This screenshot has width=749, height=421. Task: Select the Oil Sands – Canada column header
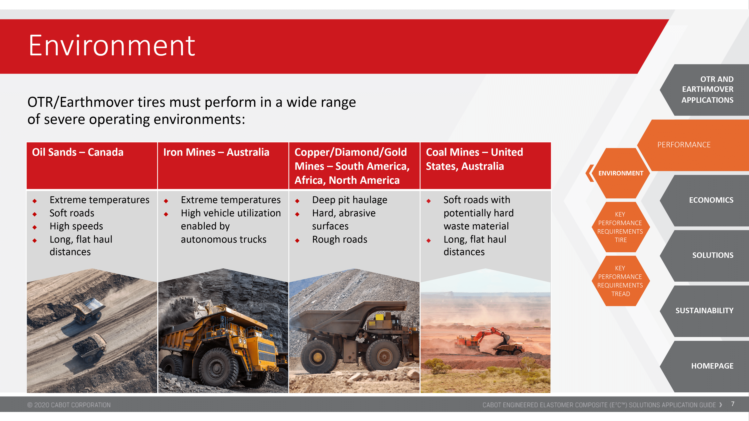click(x=92, y=166)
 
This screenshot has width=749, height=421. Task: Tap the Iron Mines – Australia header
click(x=223, y=166)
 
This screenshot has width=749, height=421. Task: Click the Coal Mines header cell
click(x=485, y=166)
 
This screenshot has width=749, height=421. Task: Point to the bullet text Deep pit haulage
click(x=350, y=200)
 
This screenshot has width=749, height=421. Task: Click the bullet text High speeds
click(x=76, y=226)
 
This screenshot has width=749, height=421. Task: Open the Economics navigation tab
click(x=706, y=200)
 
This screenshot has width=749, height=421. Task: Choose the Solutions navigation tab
click(x=706, y=255)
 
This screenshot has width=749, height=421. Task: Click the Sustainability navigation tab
click(x=706, y=311)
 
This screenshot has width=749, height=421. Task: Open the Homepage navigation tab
click(x=706, y=366)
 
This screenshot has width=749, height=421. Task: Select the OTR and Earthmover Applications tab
click(x=706, y=90)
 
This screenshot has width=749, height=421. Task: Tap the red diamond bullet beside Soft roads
click(x=35, y=214)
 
